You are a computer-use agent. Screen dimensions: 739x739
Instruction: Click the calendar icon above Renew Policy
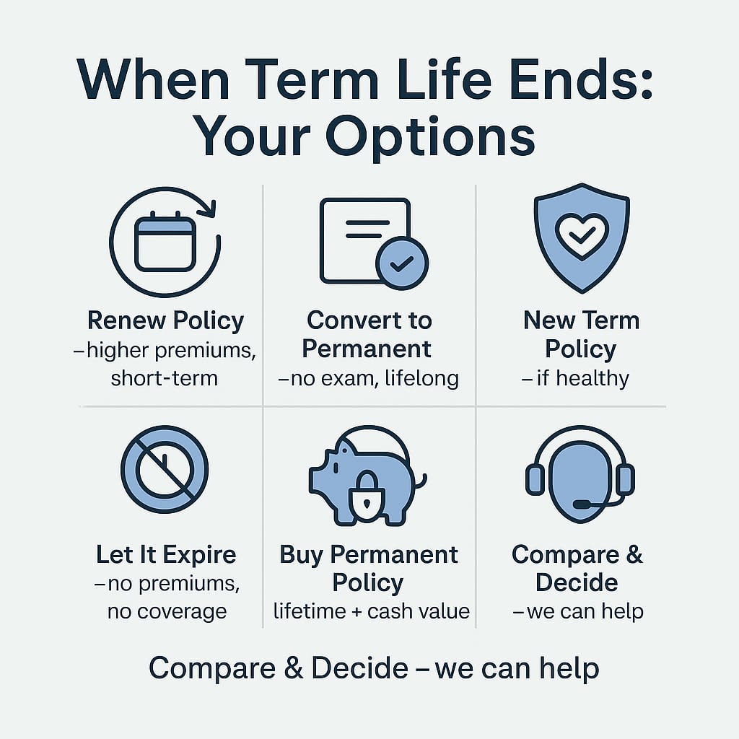[x=165, y=244]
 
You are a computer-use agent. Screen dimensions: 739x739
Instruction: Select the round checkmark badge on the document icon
[x=401, y=263]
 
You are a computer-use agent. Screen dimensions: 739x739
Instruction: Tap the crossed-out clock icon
[x=165, y=468]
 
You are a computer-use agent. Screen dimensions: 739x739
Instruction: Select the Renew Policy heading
[x=165, y=320]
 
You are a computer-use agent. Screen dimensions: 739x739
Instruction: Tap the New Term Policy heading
[x=581, y=334]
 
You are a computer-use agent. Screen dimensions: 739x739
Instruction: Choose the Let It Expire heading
[x=166, y=555]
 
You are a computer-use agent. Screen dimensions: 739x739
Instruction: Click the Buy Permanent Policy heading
[x=369, y=569]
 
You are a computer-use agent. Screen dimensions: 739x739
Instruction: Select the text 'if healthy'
[x=581, y=377]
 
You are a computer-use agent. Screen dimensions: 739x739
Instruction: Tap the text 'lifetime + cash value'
[x=371, y=612]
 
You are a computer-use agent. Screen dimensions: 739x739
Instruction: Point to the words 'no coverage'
[x=167, y=612]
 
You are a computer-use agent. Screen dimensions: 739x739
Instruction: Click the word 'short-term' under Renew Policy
[x=164, y=377]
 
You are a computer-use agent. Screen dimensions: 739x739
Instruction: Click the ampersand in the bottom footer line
[x=294, y=669]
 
